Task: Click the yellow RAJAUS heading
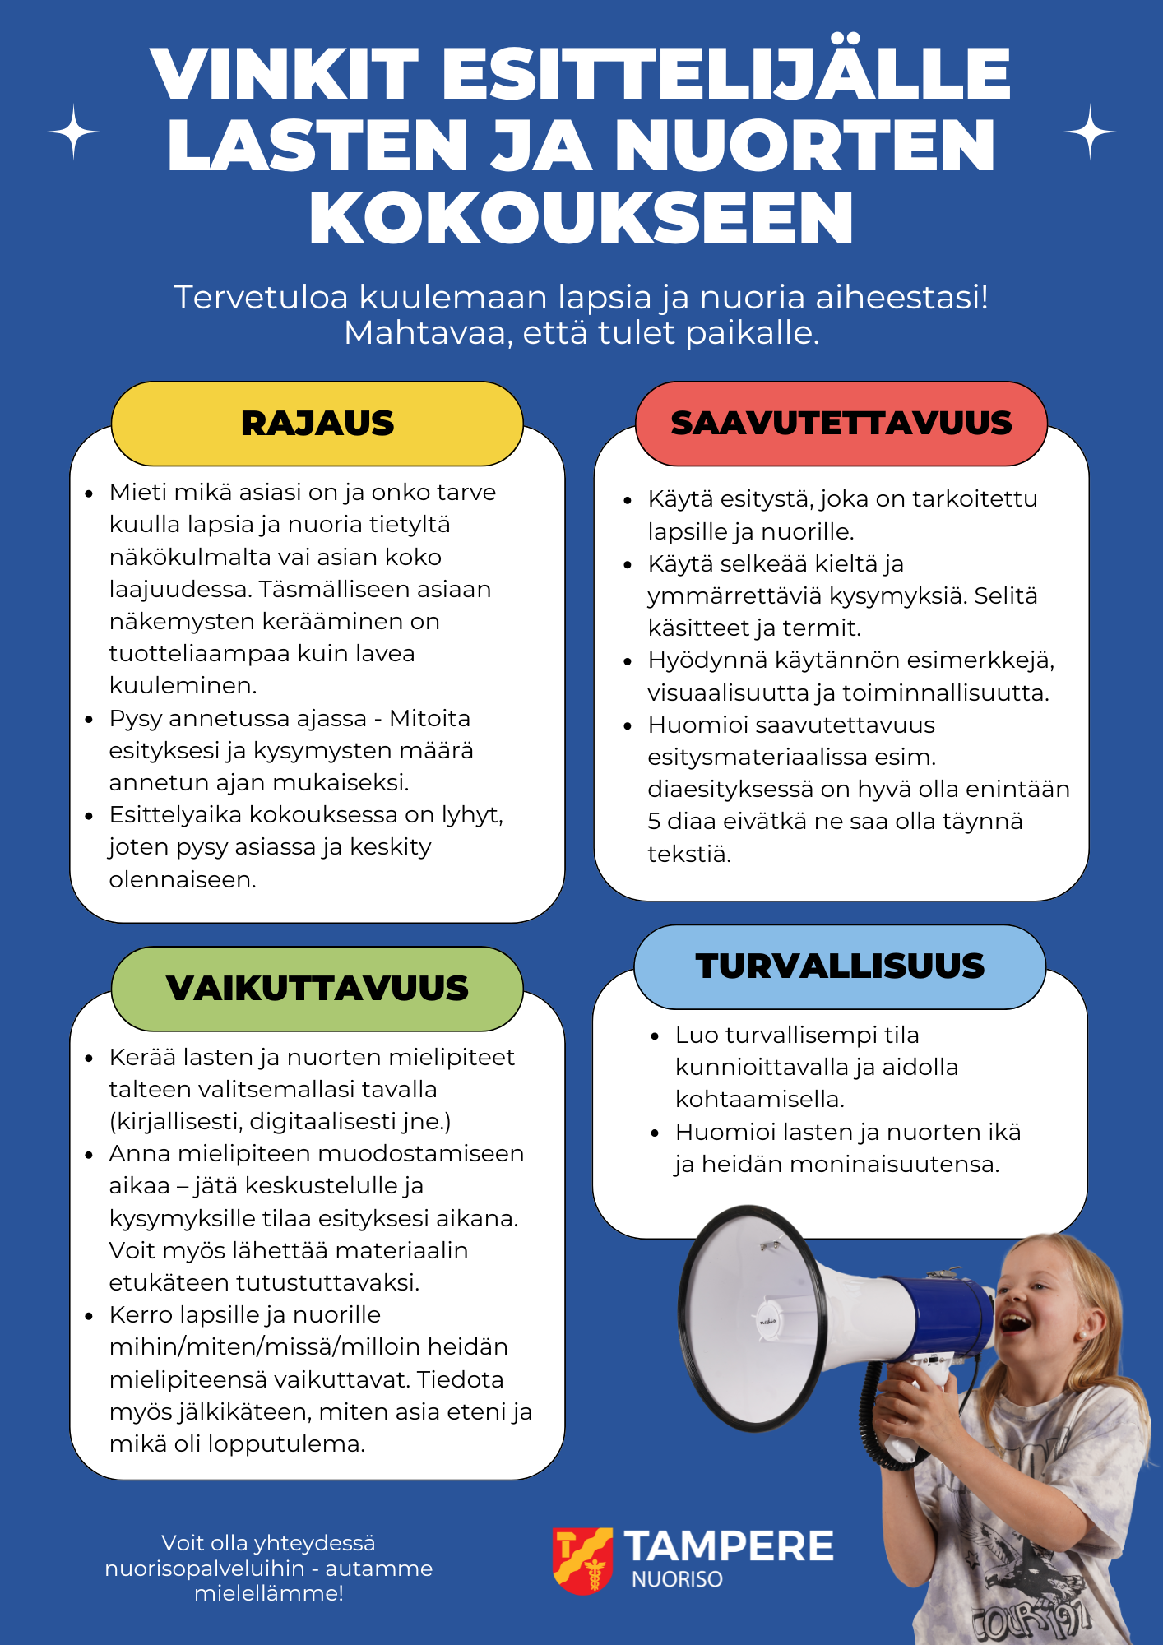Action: tap(317, 424)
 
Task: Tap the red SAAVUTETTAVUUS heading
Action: tap(841, 424)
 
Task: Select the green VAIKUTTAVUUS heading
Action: tap(317, 989)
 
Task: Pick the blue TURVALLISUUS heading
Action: tap(840, 966)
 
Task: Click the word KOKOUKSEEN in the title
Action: tap(581, 218)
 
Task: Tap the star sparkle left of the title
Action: tap(74, 132)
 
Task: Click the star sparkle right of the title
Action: tap(1090, 132)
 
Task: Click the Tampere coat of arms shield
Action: tap(582, 1560)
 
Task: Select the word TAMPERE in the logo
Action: tap(729, 1546)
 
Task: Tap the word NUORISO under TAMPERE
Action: tap(677, 1580)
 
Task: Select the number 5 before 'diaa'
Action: tap(654, 822)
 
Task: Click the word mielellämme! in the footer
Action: tap(269, 1593)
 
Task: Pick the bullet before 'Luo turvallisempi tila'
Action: tap(655, 1036)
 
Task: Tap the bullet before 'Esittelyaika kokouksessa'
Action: tap(89, 816)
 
